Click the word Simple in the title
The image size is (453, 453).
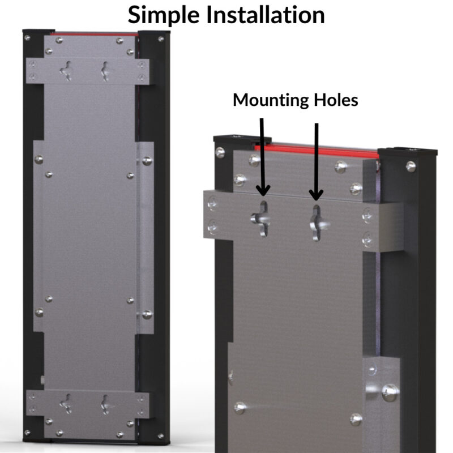(164, 16)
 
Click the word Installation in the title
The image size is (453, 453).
(266, 15)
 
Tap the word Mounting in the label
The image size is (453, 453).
(272, 101)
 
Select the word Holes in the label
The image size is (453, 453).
(336, 100)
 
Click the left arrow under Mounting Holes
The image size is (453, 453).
(262, 157)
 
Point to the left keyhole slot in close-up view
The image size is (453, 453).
(262, 219)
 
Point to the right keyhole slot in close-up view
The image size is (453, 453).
(317, 223)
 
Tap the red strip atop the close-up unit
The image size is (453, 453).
(317, 152)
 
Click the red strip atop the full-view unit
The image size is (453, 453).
(95, 34)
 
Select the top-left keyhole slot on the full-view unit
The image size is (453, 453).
(66, 71)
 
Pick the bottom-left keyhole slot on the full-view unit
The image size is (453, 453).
(66, 404)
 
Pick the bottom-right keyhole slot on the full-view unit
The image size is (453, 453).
(105, 404)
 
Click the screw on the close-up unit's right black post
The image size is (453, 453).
(411, 166)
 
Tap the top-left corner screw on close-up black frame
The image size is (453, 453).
(220, 152)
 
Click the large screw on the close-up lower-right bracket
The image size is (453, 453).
(390, 392)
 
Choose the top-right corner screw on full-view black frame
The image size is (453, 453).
(161, 39)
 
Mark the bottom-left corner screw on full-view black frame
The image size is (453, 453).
(27, 433)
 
